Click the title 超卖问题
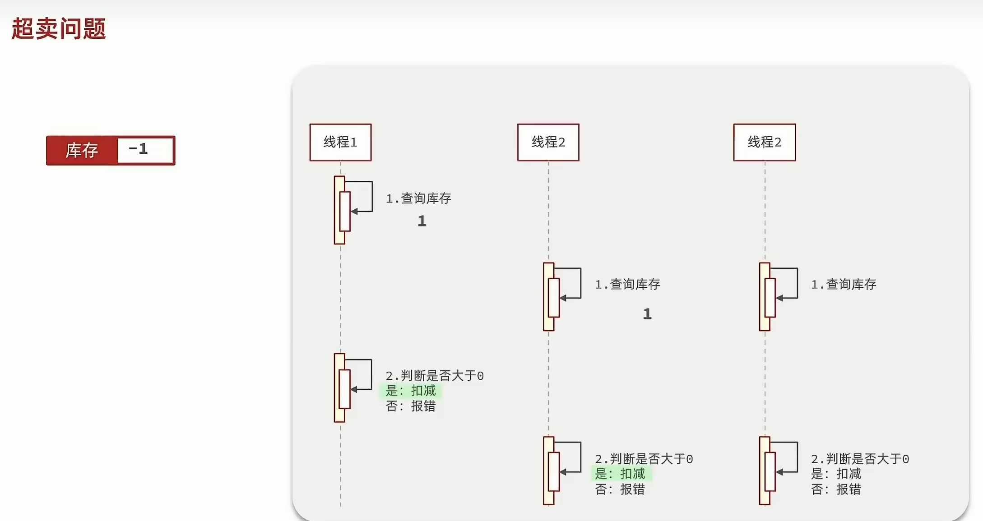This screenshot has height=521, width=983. click(59, 29)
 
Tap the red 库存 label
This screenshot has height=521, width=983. click(82, 150)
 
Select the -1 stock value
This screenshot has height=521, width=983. click(139, 149)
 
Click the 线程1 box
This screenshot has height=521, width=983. click(340, 142)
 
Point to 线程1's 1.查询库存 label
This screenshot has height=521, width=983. click(418, 198)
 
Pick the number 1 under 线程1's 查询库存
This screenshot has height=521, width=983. click(422, 221)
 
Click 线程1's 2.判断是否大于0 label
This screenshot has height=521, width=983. click(434, 376)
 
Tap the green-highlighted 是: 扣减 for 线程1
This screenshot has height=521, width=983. click(411, 391)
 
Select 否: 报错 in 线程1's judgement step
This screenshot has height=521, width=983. click(411, 406)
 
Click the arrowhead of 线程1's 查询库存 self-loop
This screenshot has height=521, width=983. click(354, 211)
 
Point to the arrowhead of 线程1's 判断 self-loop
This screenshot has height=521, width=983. click(354, 389)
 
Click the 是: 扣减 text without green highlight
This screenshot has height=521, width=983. click(836, 474)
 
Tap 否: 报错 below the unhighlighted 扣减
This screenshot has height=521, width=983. click(836, 489)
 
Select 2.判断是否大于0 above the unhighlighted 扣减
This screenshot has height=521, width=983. click(860, 459)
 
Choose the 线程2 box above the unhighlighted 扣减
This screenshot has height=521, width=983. click(765, 142)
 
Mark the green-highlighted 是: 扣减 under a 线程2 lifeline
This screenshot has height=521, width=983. click(620, 474)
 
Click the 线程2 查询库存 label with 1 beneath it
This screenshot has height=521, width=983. click(627, 284)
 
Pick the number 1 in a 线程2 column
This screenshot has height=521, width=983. click(647, 314)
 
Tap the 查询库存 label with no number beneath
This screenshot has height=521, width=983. click(844, 284)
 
